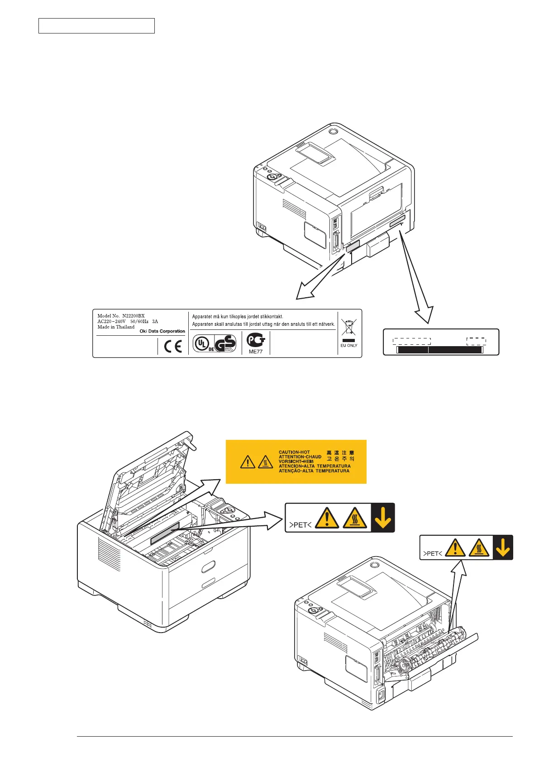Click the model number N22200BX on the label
pos(133,316)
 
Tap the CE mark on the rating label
pos(172,347)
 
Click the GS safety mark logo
pos(225,343)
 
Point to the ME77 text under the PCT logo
pos(256,352)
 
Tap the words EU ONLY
pos(348,346)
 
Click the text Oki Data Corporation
pos(162,331)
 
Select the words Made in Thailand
pos(116,327)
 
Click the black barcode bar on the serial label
pos(440,350)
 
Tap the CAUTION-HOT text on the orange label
pos(294,452)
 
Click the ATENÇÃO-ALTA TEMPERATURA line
pos(314,471)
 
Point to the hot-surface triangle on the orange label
pos(265,462)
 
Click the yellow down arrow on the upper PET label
pos(383,518)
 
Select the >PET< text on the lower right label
pos(432,553)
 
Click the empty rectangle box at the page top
pos(96,26)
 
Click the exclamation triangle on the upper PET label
pos(326,518)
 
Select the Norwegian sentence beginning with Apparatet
pos(238,317)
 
